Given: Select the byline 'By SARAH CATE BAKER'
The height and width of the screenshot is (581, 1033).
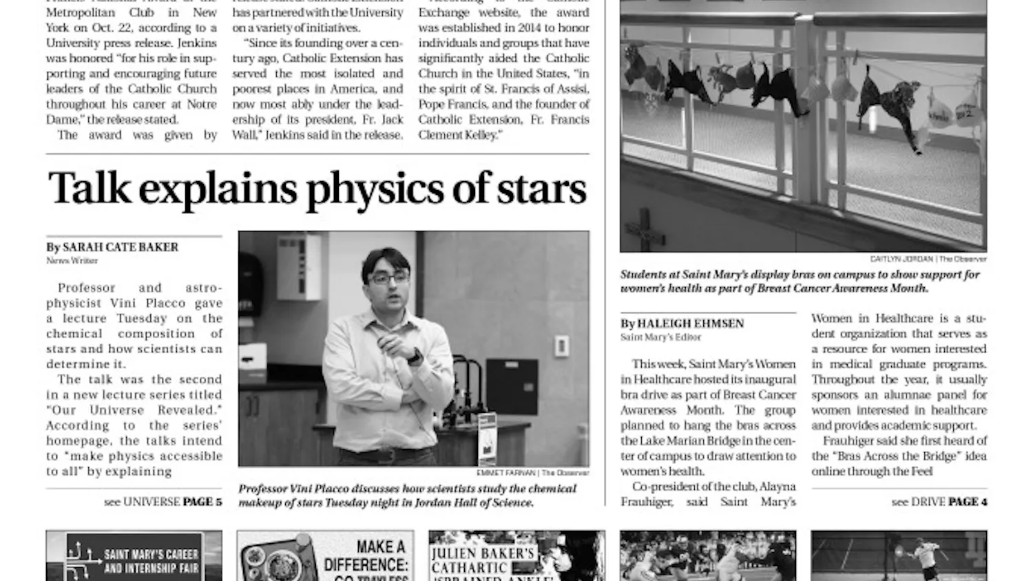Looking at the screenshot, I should [x=112, y=247].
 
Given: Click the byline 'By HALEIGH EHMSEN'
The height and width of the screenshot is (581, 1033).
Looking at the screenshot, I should [x=682, y=324].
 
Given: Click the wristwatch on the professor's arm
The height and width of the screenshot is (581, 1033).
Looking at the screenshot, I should [x=415, y=357].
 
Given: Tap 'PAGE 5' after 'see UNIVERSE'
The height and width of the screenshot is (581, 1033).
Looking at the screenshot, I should [x=202, y=502].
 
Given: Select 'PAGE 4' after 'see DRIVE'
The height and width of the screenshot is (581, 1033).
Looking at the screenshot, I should [x=968, y=502].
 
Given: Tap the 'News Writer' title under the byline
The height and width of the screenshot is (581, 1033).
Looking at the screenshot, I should [x=72, y=261].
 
